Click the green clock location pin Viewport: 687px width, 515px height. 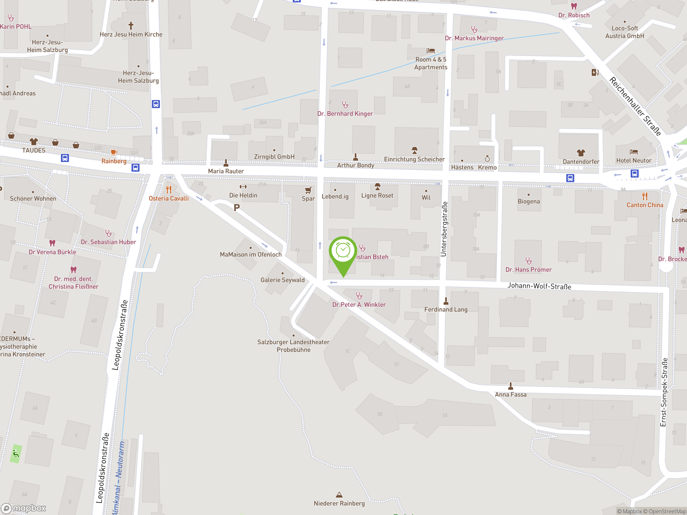click(x=343, y=251)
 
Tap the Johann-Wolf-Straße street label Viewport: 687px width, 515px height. click(x=539, y=286)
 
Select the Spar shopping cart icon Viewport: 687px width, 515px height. click(x=308, y=190)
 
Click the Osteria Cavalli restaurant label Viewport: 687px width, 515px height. click(x=169, y=198)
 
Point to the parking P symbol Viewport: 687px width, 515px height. click(x=237, y=208)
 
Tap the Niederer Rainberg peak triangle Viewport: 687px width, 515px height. click(x=339, y=495)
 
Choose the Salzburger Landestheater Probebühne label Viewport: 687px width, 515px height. click(x=293, y=346)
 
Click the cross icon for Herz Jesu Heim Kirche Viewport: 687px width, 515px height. click(x=131, y=25)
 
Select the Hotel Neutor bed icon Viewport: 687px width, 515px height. click(x=634, y=152)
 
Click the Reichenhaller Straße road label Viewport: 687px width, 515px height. click(x=635, y=106)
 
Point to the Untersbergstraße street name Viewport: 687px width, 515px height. click(x=444, y=229)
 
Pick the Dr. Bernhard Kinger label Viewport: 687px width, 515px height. click(x=345, y=114)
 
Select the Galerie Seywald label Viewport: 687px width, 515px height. click(x=282, y=280)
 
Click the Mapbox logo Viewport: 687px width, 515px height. click(x=24, y=508)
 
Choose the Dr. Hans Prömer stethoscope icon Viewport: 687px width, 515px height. click(x=528, y=261)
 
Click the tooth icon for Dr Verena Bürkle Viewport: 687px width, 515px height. click(x=52, y=243)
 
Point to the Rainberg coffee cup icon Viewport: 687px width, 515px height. click(x=114, y=152)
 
